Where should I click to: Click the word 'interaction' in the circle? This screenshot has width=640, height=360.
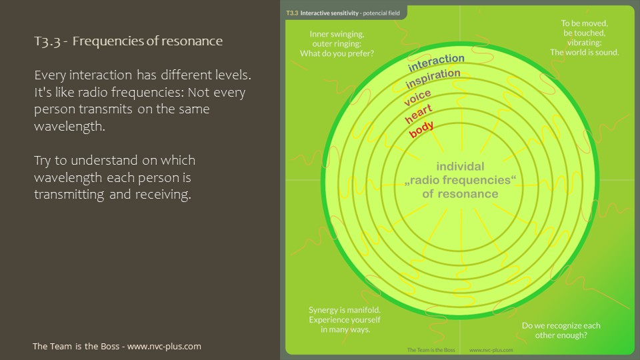tap(436, 63)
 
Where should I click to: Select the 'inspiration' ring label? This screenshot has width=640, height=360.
tap(433, 79)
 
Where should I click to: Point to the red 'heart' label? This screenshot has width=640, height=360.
tap(419, 113)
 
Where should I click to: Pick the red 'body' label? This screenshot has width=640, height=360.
tap(421, 129)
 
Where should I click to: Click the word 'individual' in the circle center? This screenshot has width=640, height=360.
tap(460, 166)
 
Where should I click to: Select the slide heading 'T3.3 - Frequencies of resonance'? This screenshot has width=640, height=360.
tap(127, 41)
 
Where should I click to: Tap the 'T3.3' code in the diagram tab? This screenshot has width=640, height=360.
tap(291, 13)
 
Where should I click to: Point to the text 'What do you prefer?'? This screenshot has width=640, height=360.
tap(341, 53)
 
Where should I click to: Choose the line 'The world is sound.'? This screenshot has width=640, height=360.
tap(584, 52)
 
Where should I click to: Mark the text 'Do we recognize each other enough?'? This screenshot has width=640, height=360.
tap(561, 330)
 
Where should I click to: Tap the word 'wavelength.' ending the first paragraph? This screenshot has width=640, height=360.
tap(69, 126)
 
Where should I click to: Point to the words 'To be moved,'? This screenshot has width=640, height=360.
tap(584, 23)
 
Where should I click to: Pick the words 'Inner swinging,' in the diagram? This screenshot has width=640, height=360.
tap(336, 34)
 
